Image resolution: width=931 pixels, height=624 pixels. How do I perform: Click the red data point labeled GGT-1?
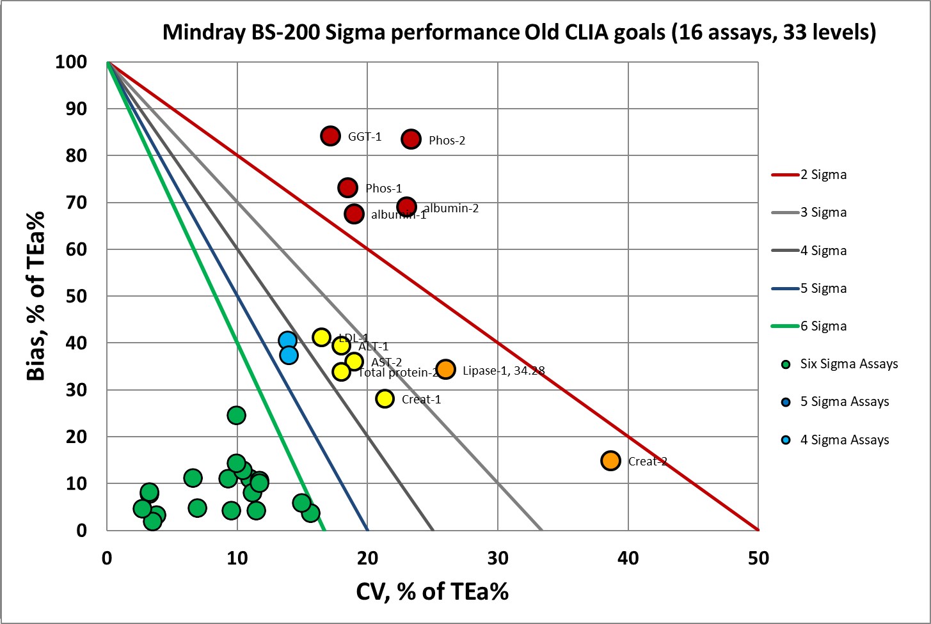pos(330,136)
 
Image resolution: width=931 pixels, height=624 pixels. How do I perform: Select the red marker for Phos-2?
pos(411,139)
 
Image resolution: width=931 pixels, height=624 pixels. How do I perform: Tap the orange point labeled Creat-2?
pos(610,460)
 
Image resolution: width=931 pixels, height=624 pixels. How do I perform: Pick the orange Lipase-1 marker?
pos(445,369)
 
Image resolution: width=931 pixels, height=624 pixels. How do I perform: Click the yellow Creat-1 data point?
pos(385,398)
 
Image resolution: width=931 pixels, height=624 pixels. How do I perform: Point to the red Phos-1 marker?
pos(347,187)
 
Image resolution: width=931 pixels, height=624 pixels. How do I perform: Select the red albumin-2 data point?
pos(406,207)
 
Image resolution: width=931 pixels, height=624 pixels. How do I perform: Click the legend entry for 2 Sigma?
pos(823,175)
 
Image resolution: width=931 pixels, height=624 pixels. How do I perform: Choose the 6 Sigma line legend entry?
pos(823,326)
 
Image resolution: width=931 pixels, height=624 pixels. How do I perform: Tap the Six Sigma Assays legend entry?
pos(848,364)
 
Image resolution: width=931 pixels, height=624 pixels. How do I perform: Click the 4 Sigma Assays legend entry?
pos(844,440)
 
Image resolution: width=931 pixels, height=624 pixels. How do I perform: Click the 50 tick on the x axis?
pos(758,558)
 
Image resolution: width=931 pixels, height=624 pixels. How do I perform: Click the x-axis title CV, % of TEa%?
pos(432,591)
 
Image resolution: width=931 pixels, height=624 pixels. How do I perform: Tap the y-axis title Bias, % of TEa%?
pos(36,296)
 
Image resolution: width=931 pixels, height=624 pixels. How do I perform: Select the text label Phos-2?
pos(447,141)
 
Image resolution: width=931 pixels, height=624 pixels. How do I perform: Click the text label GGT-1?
pos(365,136)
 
